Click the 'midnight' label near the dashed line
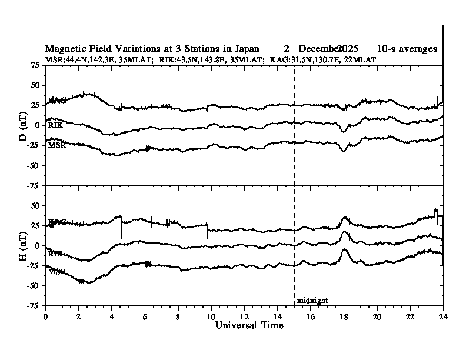point(312,301)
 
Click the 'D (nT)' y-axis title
point(23,125)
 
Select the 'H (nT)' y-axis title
point(23,245)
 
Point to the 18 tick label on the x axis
point(344,315)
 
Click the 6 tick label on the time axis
point(145,315)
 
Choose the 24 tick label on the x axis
point(443,315)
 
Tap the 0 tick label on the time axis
point(45,315)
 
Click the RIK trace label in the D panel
point(55,125)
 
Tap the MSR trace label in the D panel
point(56,145)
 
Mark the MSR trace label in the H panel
point(56,272)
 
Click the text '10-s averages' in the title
point(407,49)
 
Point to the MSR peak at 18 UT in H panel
point(344,250)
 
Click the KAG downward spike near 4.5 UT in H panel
point(121,236)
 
